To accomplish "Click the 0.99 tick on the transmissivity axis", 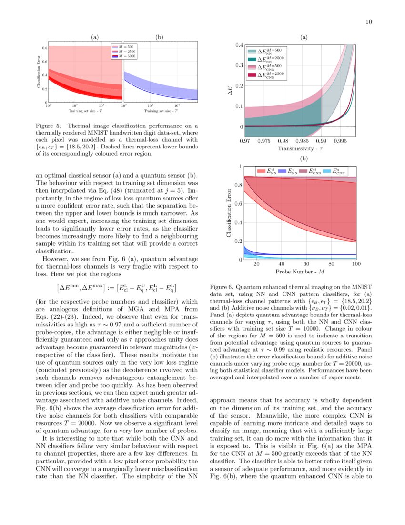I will pos(321,141).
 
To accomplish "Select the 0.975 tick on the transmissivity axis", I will pos(263,141).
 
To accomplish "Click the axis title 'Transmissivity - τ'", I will pos(300,149).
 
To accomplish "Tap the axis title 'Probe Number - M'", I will pos(300,272).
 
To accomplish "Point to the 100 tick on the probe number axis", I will pos(356,264).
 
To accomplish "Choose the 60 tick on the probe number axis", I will pos(306,264).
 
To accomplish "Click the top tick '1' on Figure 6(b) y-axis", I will pos(240,167).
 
